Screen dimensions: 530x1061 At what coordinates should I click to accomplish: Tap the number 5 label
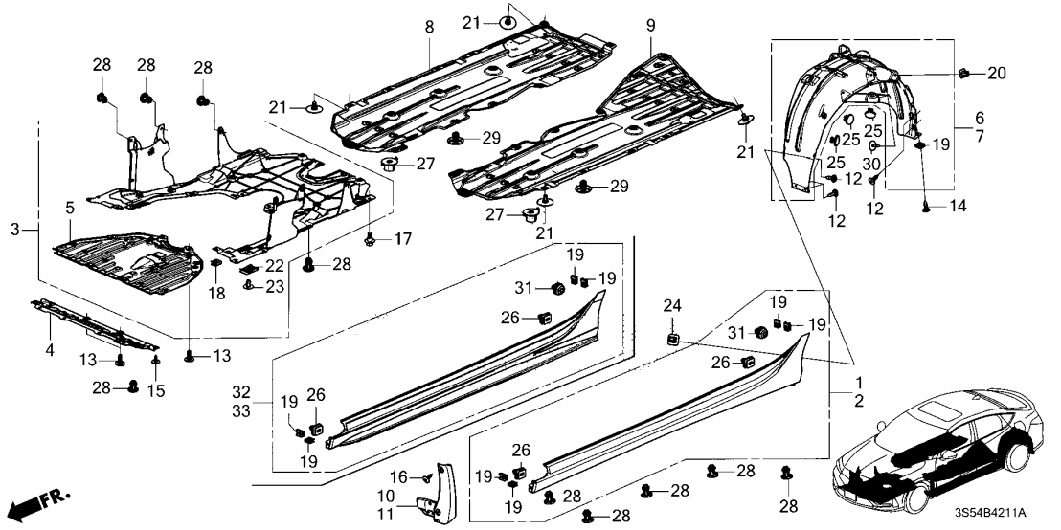(69, 206)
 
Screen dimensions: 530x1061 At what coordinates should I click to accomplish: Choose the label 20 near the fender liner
(997, 72)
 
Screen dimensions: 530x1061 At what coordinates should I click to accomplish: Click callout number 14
(959, 206)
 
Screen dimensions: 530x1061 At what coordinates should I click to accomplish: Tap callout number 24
(671, 307)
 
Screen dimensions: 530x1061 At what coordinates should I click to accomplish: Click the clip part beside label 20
(964, 72)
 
